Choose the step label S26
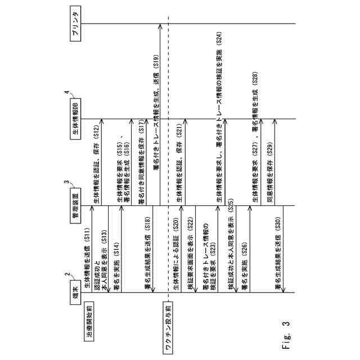pos(245,246)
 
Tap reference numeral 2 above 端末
pos(67,275)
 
